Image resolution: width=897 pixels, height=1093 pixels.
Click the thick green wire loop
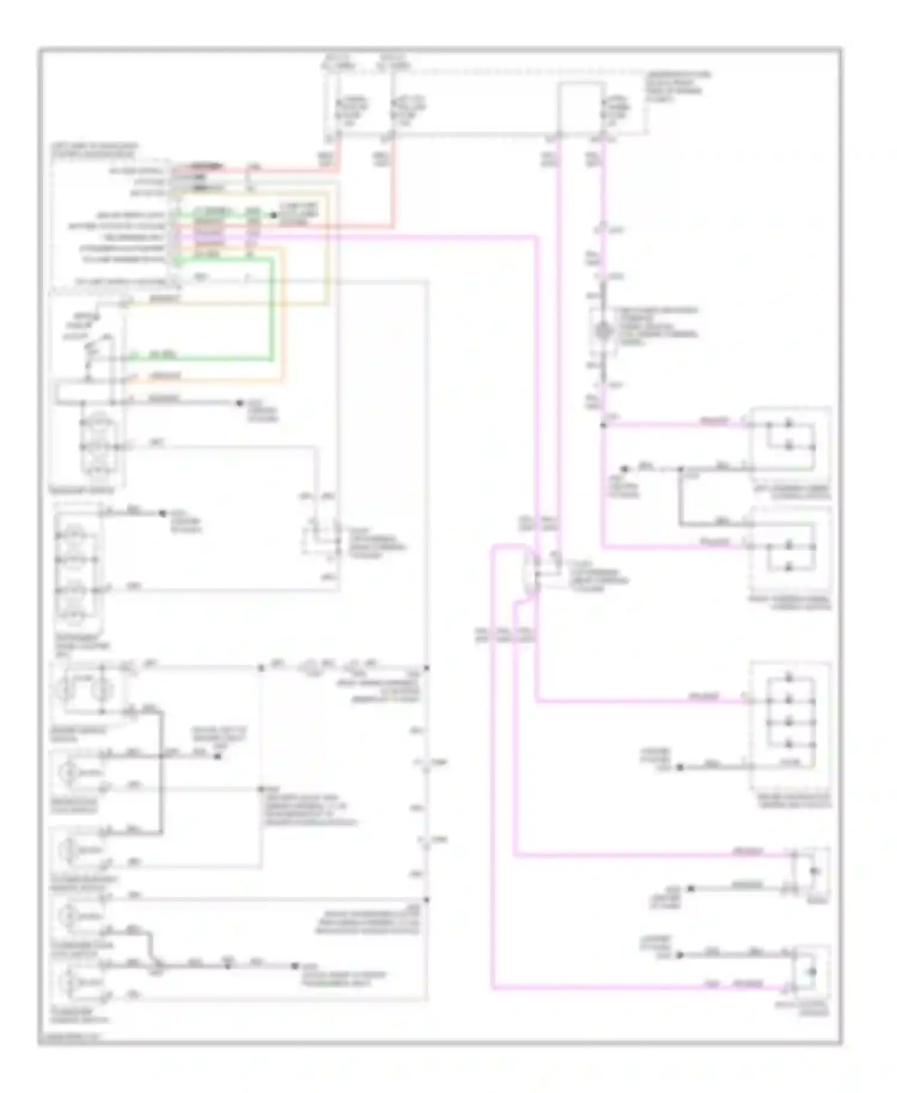(273, 311)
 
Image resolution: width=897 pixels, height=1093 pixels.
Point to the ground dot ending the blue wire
(240, 403)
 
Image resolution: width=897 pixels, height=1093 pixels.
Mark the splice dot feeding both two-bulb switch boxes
(603, 425)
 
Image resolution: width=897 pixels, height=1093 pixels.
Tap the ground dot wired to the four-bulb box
(680, 766)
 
